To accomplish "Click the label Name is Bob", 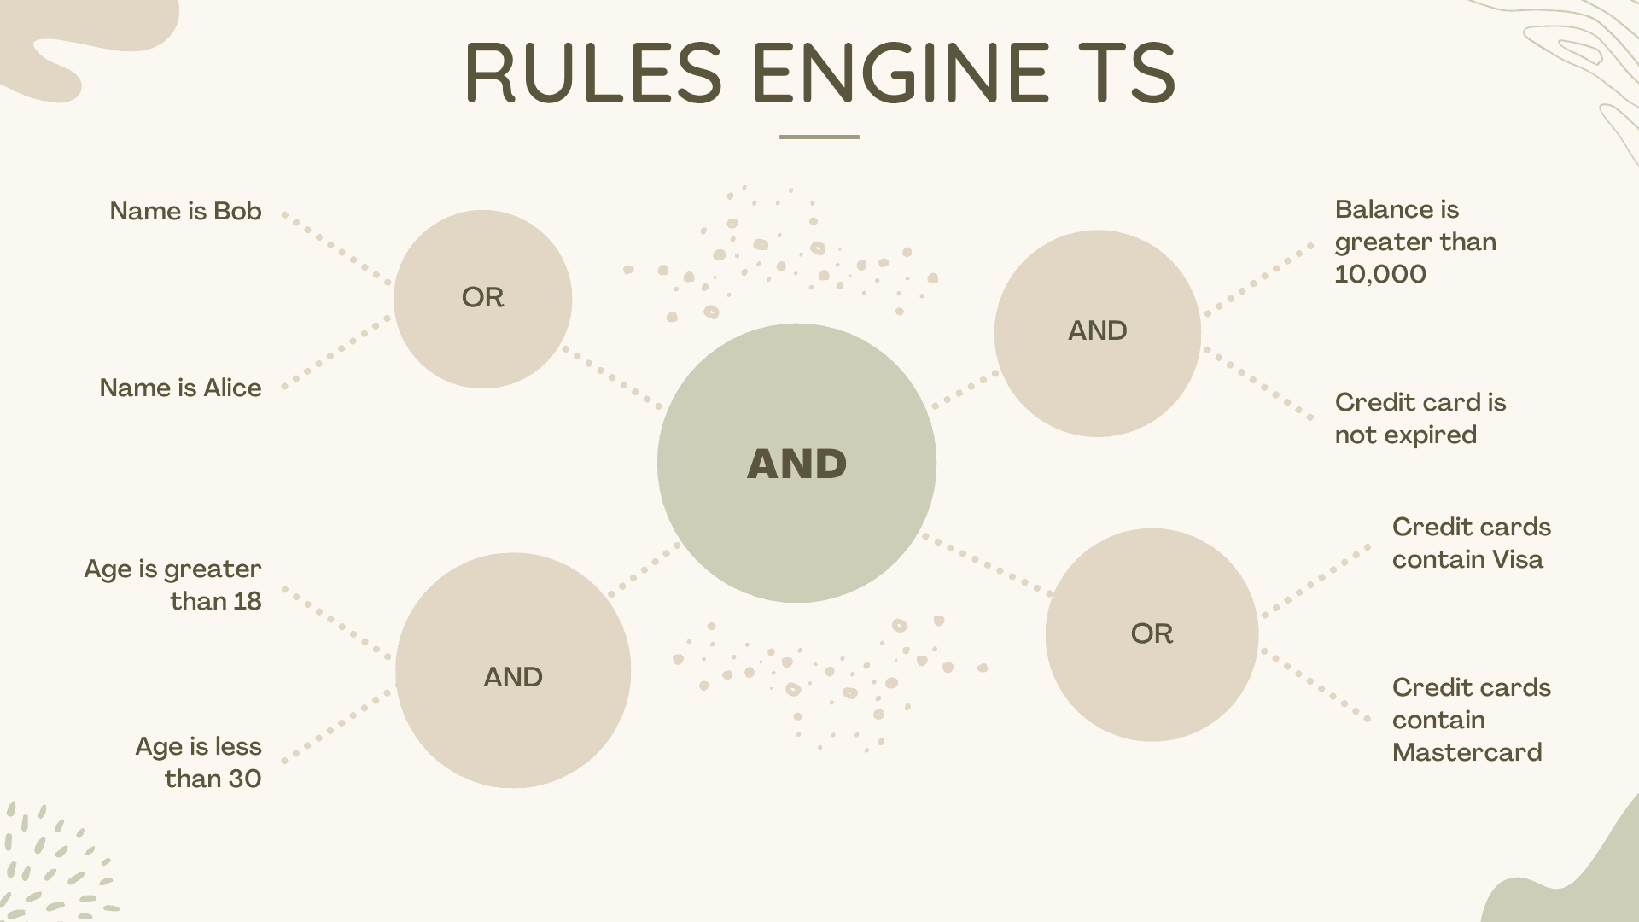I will coord(185,211).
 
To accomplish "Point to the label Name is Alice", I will coord(180,388).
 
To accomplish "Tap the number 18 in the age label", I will coord(247,601).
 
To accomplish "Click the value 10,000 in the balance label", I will coord(1380,274).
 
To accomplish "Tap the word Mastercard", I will coord(1467,752).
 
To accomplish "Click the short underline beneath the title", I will coord(819,137).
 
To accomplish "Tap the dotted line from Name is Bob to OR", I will coord(337,248).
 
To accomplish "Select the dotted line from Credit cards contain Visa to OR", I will coord(1315,581).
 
